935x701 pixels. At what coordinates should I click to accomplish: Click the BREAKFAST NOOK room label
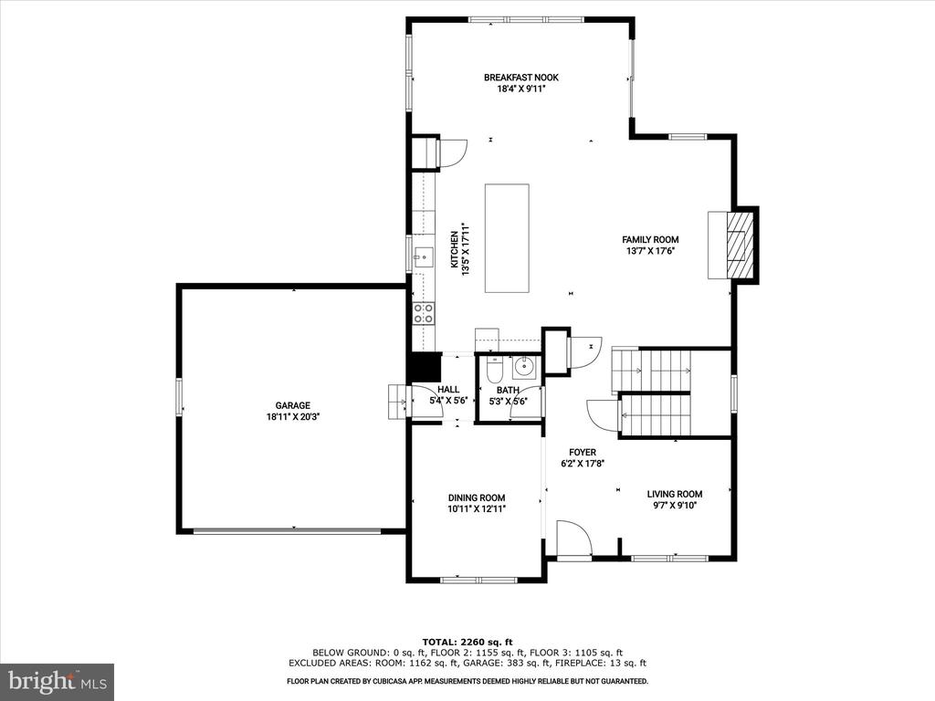[x=521, y=78]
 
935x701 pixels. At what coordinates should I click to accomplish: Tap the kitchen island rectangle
[x=507, y=238]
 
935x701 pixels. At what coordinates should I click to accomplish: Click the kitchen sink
[x=424, y=257]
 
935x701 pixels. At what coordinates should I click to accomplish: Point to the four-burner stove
[x=424, y=313]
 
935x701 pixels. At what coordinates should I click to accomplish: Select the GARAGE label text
[x=293, y=405]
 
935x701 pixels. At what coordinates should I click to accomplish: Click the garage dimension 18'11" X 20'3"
[x=293, y=417]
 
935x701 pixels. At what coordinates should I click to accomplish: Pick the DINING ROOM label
[x=477, y=497]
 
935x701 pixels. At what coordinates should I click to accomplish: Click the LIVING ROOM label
[x=675, y=494]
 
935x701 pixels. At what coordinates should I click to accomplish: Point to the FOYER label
[x=582, y=453]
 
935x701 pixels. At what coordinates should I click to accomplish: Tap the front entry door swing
[x=573, y=539]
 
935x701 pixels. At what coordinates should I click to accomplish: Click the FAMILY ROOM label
[x=650, y=240]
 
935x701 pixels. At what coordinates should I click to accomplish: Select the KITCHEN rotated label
[x=455, y=249]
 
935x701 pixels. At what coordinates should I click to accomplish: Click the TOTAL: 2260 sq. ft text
[x=467, y=642]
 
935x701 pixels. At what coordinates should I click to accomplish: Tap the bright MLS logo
[x=58, y=681]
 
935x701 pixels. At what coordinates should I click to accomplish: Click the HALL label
[x=448, y=389]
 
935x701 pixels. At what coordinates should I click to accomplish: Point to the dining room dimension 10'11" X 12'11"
[x=477, y=509]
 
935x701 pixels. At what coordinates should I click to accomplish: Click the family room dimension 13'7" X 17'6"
[x=650, y=251]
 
